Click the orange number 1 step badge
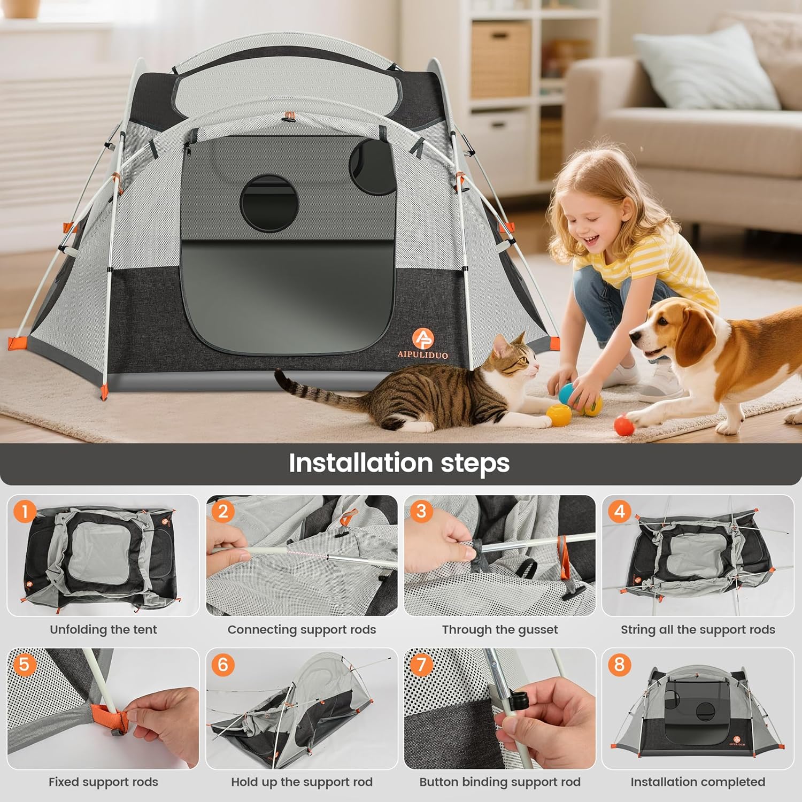click(24, 512)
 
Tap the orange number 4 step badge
click(619, 512)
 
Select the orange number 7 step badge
click(421, 665)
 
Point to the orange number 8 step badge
click(619, 665)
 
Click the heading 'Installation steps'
click(399, 463)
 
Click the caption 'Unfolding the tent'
click(103, 629)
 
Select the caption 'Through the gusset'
click(500, 629)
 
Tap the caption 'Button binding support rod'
click(500, 782)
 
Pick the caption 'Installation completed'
click(698, 782)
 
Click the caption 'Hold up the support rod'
click(302, 782)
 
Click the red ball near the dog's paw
click(624, 426)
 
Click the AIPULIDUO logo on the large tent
click(422, 343)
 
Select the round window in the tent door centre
click(269, 203)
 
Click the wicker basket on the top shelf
click(500, 59)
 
